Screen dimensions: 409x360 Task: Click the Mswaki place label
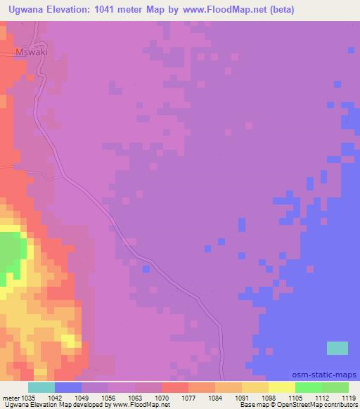[x=30, y=52]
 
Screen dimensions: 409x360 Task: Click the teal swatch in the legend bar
[x=41, y=387]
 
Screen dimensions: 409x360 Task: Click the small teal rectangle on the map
[x=337, y=348]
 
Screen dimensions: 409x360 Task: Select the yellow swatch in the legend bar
[x=281, y=387]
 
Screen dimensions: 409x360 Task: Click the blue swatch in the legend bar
[x=68, y=387]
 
